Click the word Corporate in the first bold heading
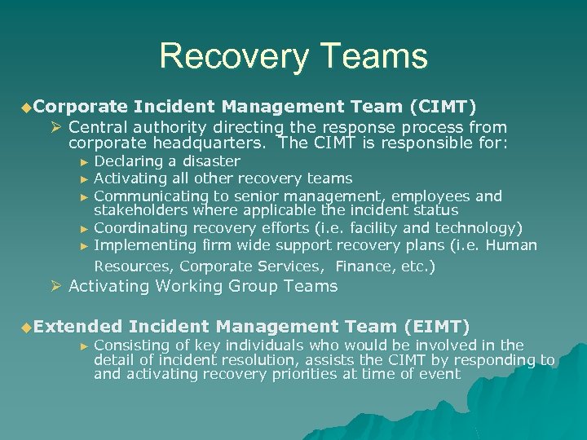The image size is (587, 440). click(x=81, y=106)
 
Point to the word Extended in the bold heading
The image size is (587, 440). click(x=78, y=327)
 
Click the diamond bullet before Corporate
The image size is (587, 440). click(x=26, y=107)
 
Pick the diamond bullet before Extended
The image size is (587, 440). click(x=26, y=328)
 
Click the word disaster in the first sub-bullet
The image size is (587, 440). click(x=211, y=161)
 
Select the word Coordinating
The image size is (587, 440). click(x=139, y=228)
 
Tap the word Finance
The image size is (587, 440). click(x=362, y=266)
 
